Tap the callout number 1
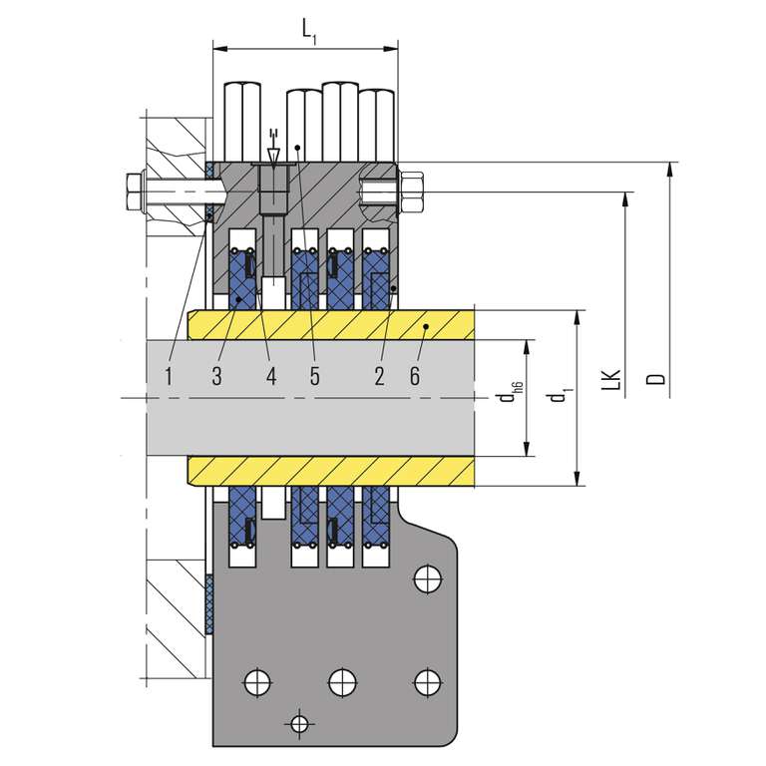pos(169,376)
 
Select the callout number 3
pos(215,376)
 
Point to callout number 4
pos(270,376)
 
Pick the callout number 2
pos(379,376)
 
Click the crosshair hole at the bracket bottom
pos(297,721)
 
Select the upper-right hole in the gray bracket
pos(427,576)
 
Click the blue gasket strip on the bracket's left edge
pos(209,604)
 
